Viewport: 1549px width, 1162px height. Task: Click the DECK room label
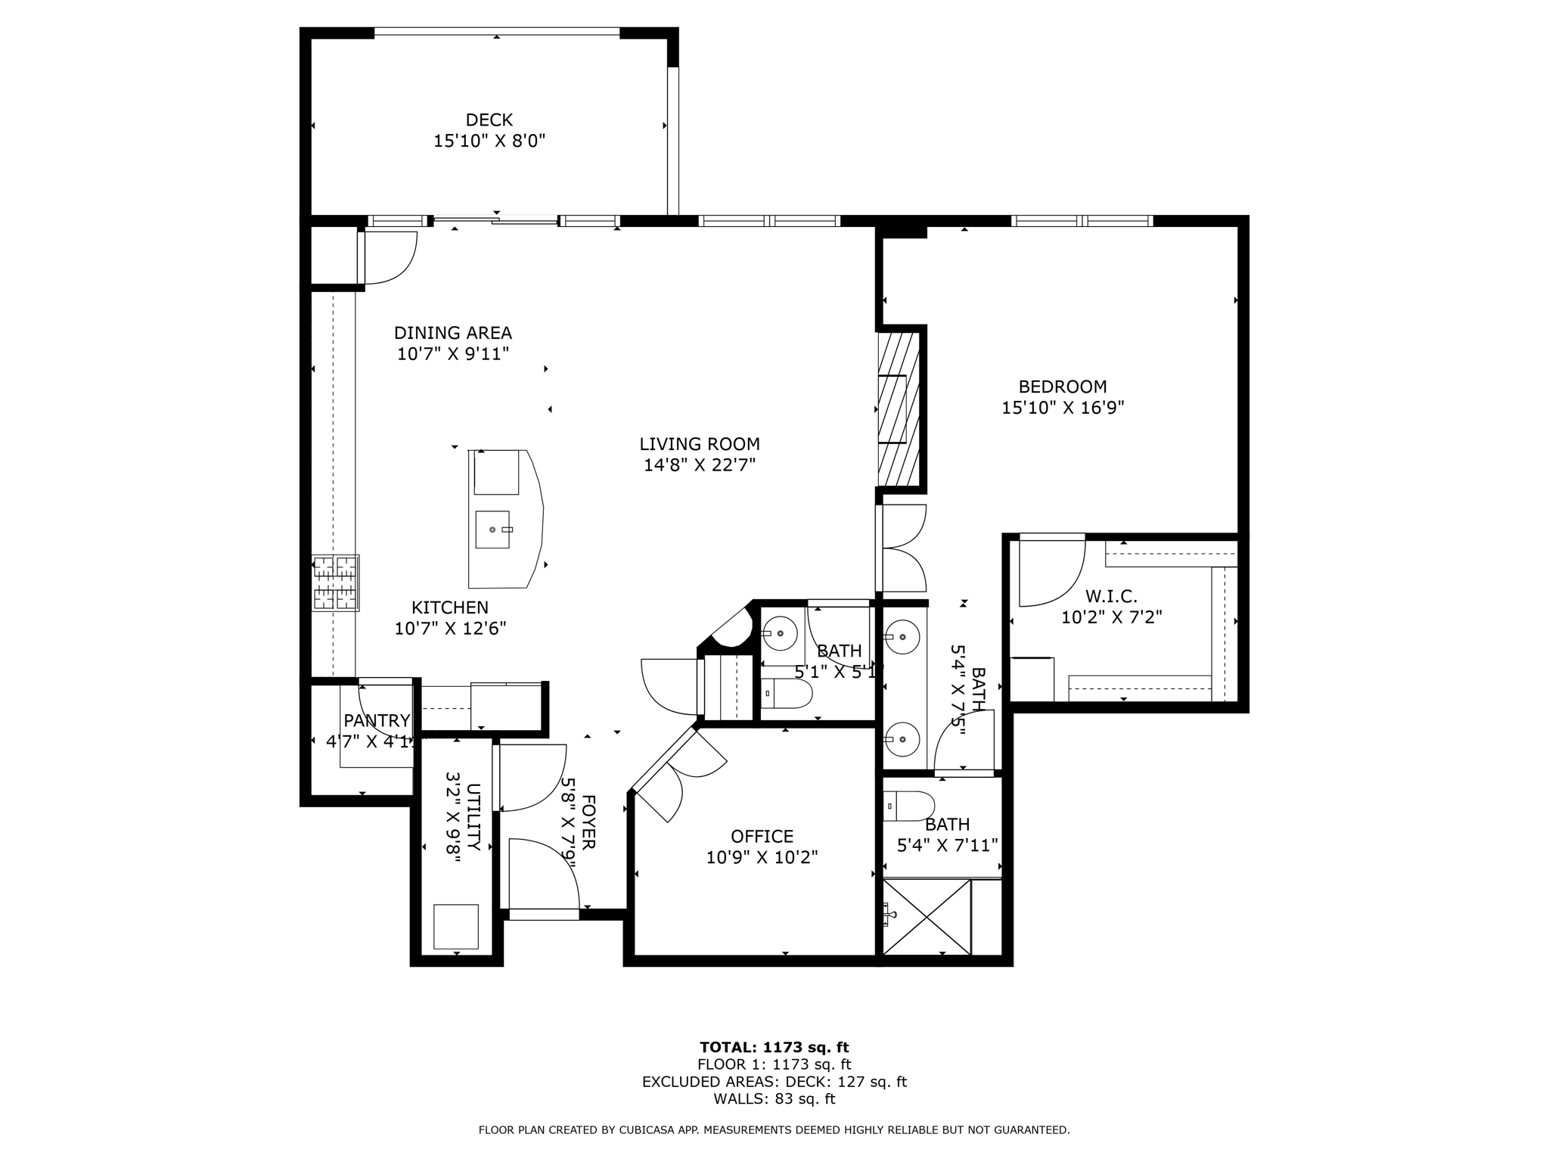click(489, 120)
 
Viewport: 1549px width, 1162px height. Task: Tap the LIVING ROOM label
click(700, 444)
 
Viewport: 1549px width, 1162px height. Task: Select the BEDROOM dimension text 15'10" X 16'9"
click(1063, 408)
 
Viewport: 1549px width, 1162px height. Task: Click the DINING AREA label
click(453, 333)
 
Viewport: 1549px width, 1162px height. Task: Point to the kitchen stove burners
click(336, 583)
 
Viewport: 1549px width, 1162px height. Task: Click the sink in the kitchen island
click(493, 529)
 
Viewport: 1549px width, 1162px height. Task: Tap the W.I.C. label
click(1111, 596)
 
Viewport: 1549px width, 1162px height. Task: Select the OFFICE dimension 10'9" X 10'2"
click(762, 857)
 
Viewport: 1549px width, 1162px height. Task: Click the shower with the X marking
click(927, 916)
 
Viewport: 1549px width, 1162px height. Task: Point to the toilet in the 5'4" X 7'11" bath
click(909, 806)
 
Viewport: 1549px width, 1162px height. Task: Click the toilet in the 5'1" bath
click(786, 693)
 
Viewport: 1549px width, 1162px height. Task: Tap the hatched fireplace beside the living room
click(899, 409)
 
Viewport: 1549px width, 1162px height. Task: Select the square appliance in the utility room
click(456, 926)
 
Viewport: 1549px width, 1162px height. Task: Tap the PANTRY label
click(377, 720)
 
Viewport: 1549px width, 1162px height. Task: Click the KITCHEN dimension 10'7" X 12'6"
click(450, 628)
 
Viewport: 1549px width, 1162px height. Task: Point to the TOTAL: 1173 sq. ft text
click(774, 1047)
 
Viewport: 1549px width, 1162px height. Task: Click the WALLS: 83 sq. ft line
click(774, 1098)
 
